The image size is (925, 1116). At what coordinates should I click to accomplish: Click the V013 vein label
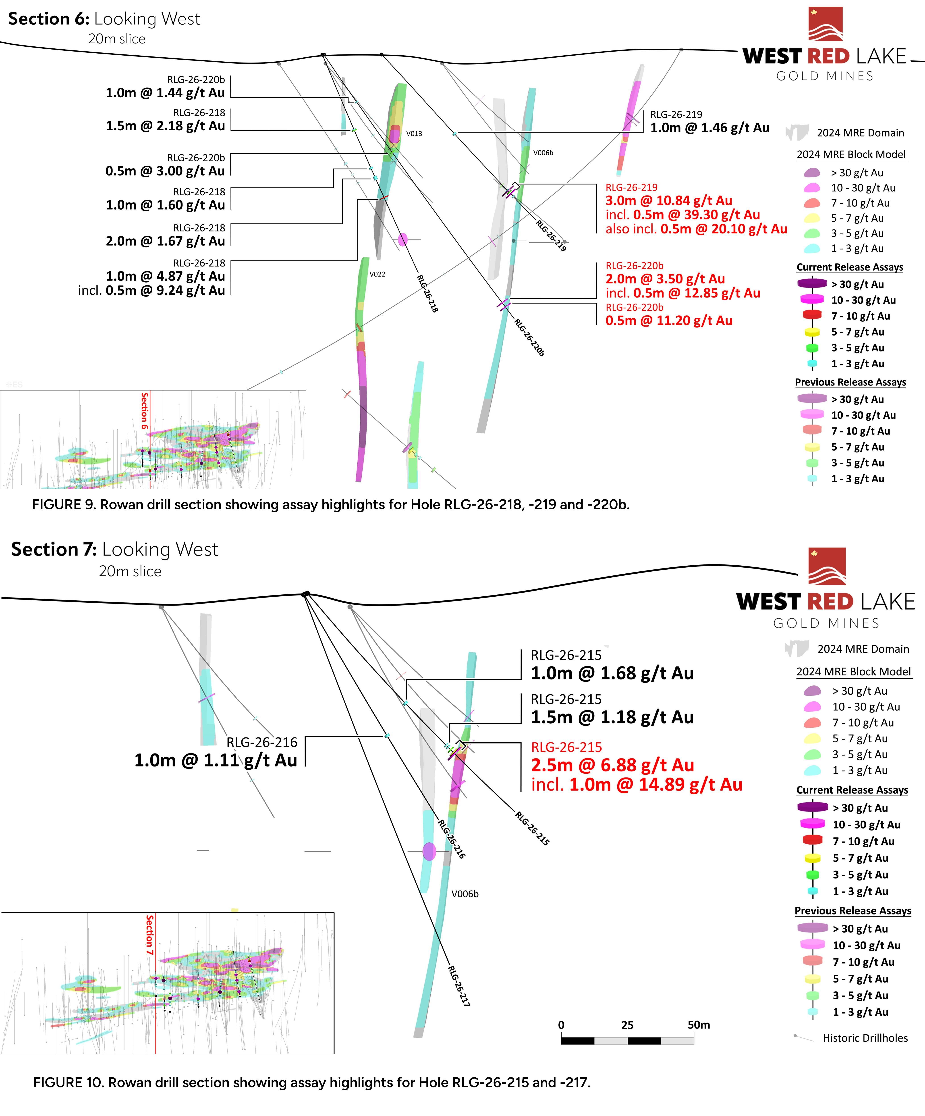click(x=414, y=133)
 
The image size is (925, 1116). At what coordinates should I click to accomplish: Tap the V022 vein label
click(x=377, y=274)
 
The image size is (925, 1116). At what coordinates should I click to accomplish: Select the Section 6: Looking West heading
click(x=104, y=19)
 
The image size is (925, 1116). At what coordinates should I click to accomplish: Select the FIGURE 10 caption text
click(x=311, y=1083)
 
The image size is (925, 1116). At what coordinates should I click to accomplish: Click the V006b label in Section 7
click(x=465, y=894)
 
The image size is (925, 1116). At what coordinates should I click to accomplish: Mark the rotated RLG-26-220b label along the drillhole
click(x=529, y=337)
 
